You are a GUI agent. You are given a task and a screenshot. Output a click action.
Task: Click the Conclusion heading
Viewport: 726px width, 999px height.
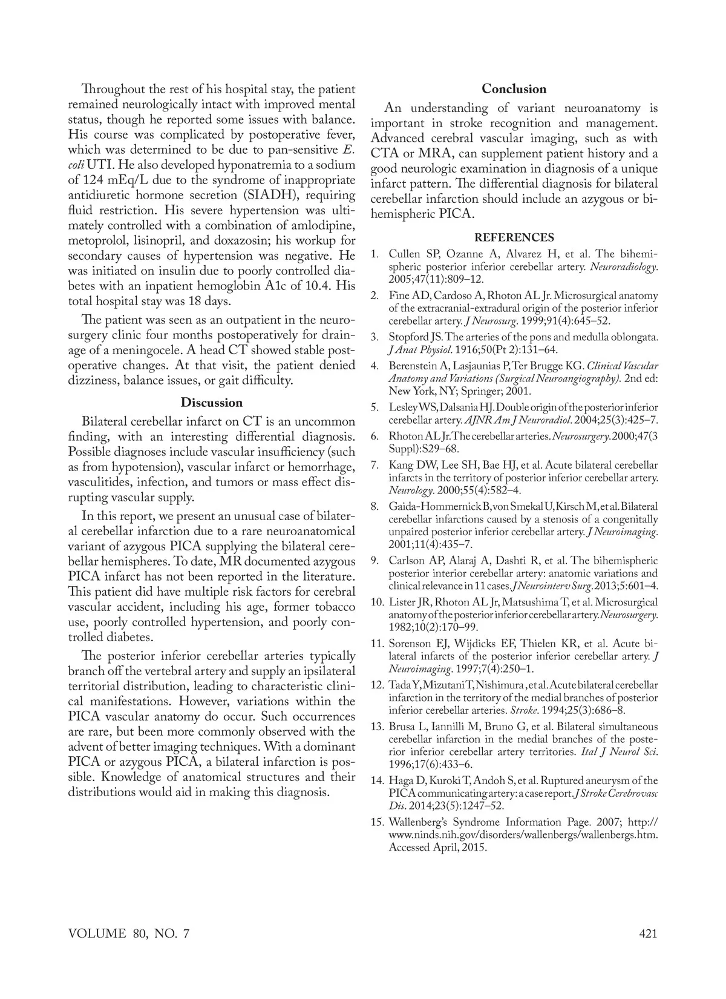coord(514,89)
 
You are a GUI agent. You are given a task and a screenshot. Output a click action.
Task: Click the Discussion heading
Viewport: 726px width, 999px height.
coord(212,403)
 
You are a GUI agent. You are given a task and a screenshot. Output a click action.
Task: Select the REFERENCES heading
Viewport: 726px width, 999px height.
coord(514,237)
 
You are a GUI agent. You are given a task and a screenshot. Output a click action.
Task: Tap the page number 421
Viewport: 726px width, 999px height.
coord(647,934)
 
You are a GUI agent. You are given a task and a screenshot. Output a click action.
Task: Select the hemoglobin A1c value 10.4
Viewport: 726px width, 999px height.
coord(316,285)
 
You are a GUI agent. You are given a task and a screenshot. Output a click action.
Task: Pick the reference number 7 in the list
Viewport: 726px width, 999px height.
coord(375,465)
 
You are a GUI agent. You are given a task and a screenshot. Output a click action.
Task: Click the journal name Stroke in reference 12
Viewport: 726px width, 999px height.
coord(524,710)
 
